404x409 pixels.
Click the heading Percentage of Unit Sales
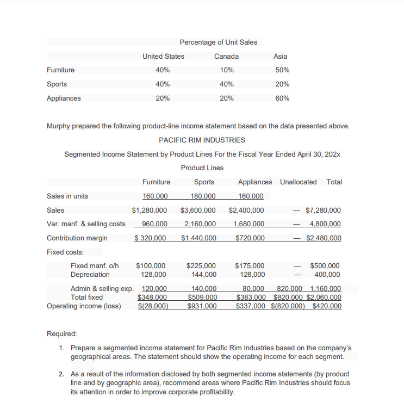pyautogui.click(x=218, y=42)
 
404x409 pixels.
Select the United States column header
pyautogui.click(x=163, y=57)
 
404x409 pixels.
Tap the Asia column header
pyautogui.click(x=281, y=57)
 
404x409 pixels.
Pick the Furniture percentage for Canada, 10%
pyautogui.click(x=227, y=70)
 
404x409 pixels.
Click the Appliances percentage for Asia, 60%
pyautogui.click(x=282, y=98)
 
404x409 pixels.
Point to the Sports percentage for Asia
pyautogui.click(x=282, y=84)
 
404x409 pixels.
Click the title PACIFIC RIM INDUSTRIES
pyautogui.click(x=202, y=140)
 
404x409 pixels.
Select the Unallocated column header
pyautogui.click(x=298, y=182)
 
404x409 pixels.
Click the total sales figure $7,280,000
pyautogui.click(x=324, y=210)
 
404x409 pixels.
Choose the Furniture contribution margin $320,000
pyautogui.click(x=151, y=238)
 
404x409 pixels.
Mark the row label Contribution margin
pyautogui.click(x=77, y=238)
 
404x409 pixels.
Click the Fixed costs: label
pyautogui.click(x=65, y=252)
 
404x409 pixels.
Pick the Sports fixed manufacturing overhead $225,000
pyautogui.click(x=201, y=266)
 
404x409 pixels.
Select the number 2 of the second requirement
pyautogui.click(x=61, y=374)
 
